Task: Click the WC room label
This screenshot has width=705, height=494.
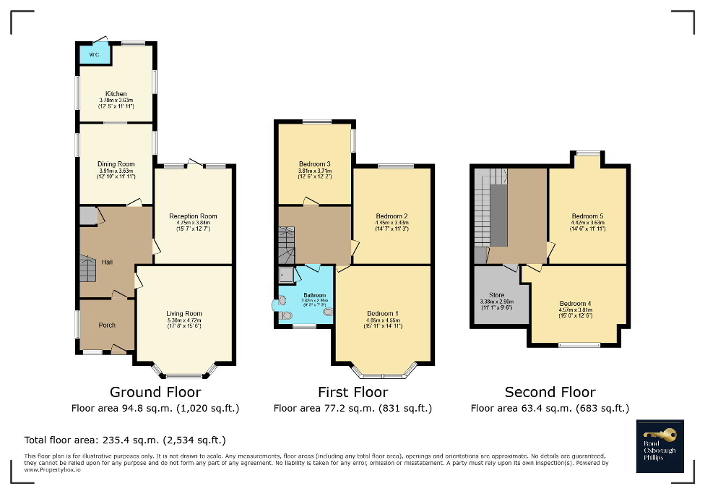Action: [x=94, y=55]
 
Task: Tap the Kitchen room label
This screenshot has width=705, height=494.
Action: [x=116, y=94]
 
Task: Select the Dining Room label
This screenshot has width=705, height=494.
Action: [x=116, y=164]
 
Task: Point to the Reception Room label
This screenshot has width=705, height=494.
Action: [x=193, y=216]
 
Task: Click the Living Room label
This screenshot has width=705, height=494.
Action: [x=184, y=314]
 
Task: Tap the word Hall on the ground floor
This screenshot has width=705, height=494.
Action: [x=107, y=263]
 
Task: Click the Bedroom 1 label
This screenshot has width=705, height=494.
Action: [x=382, y=314]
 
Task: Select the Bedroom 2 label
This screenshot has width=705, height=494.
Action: [x=392, y=216]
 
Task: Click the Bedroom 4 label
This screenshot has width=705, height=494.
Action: [x=575, y=304]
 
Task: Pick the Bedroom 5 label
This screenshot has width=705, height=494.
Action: [x=587, y=216]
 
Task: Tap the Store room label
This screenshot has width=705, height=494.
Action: [x=496, y=295]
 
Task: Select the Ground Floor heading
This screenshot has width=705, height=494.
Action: [x=155, y=392]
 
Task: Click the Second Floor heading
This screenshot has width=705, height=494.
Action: [x=550, y=392]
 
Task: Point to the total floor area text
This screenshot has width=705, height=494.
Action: [x=125, y=439]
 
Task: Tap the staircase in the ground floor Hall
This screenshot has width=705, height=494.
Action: [x=87, y=269]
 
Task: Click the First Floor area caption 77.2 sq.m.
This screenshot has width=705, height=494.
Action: [x=352, y=409]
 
